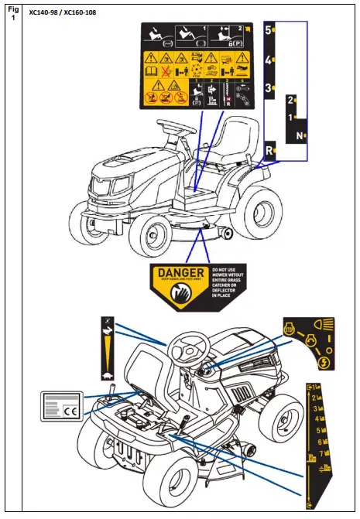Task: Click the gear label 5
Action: coord(269,31)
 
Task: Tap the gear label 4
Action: coord(269,60)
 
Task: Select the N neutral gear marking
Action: coord(299,136)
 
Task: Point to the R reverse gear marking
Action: coord(269,150)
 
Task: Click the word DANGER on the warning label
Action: coord(181,273)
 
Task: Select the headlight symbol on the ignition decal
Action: coord(325,323)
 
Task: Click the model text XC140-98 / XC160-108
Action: coord(63,13)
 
